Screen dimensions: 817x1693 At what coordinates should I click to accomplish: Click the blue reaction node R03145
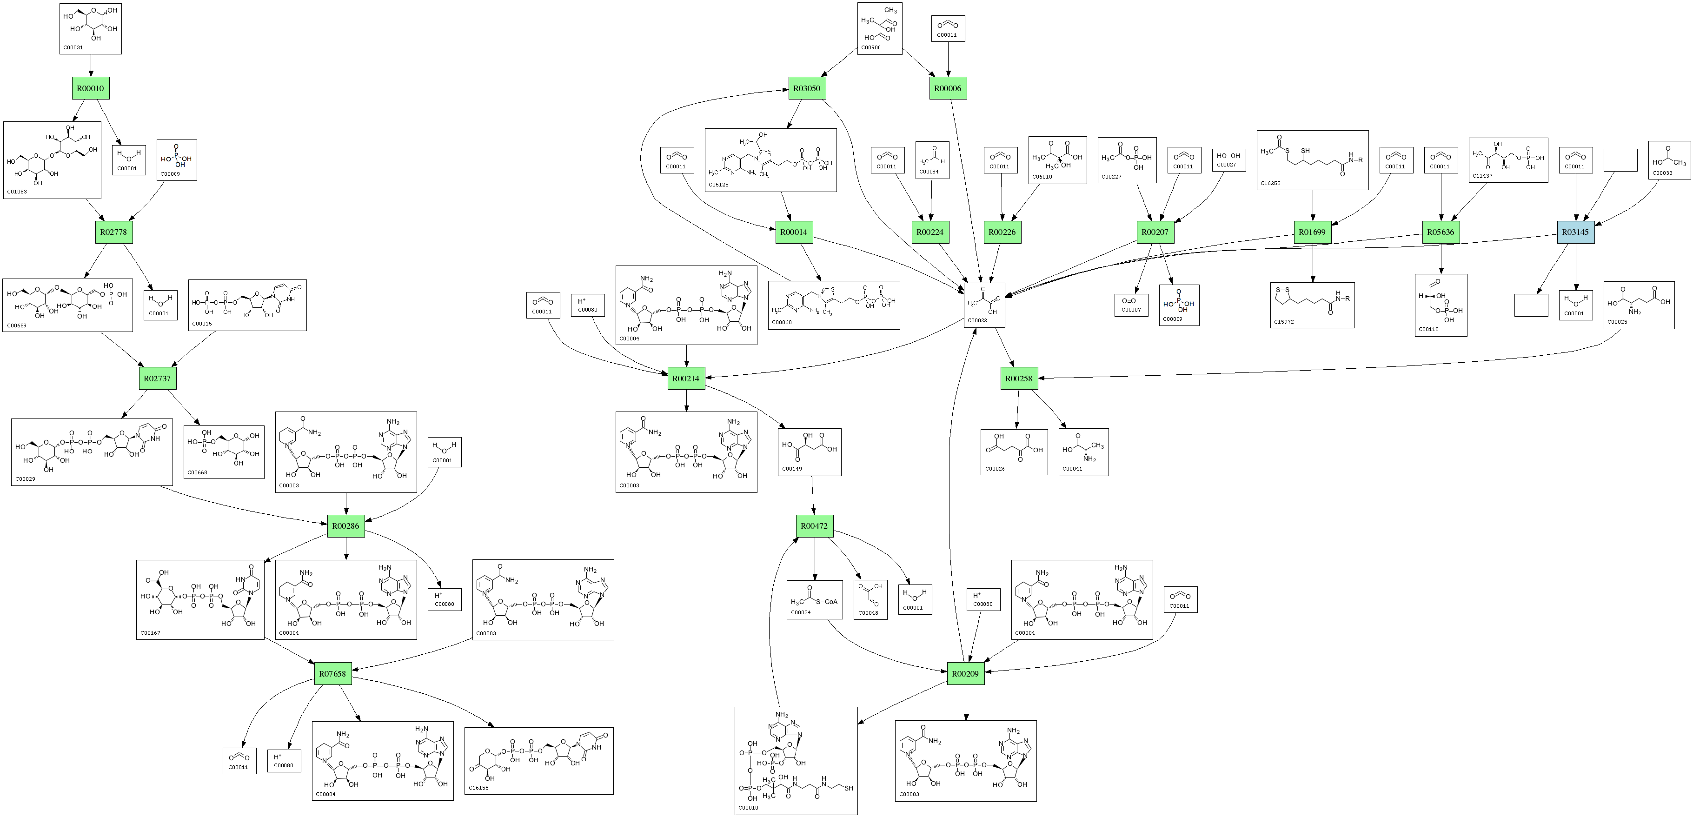(x=1575, y=232)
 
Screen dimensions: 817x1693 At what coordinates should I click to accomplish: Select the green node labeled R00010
(x=91, y=88)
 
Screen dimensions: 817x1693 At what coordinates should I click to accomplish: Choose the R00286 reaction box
(x=345, y=526)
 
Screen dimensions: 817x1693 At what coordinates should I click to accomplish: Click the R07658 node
(x=332, y=674)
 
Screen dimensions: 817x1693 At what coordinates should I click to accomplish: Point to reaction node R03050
(x=806, y=88)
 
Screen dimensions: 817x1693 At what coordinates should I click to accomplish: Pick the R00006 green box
(x=948, y=88)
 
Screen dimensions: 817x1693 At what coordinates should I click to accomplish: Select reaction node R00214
(x=686, y=379)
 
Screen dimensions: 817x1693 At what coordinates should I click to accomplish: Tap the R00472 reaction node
(x=814, y=526)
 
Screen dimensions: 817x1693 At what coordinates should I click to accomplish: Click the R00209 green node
(x=965, y=674)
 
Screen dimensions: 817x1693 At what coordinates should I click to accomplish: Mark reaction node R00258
(x=1019, y=379)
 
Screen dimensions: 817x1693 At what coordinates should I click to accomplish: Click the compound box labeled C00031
(x=91, y=28)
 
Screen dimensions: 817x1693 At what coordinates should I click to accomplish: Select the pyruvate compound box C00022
(x=984, y=305)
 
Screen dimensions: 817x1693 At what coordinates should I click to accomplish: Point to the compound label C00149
(x=792, y=469)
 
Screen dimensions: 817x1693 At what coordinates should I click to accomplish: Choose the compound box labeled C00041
(x=1083, y=452)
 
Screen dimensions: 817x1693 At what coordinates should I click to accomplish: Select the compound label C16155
(x=478, y=787)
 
